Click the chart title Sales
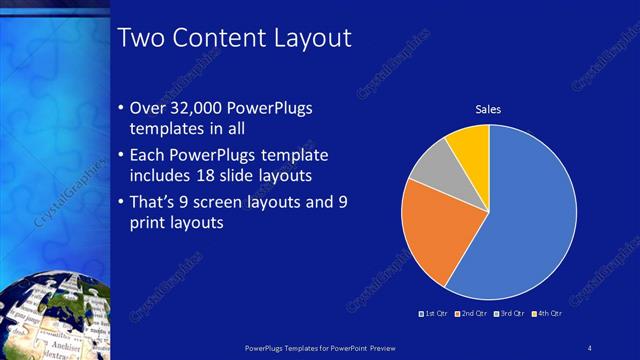pyautogui.click(x=488, y=109)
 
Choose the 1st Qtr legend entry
pyautogui.click(x=435, y=314)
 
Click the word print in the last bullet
pyautogui.click(x=151, y=222)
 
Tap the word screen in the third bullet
pyautogui.click(x=231, y=201)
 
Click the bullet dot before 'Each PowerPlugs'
pyautogui.click(x=121, y=157)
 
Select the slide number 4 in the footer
pyautogui.click(x=590, y=347)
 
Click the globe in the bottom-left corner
pyautogui.click(x=50, y=315)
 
